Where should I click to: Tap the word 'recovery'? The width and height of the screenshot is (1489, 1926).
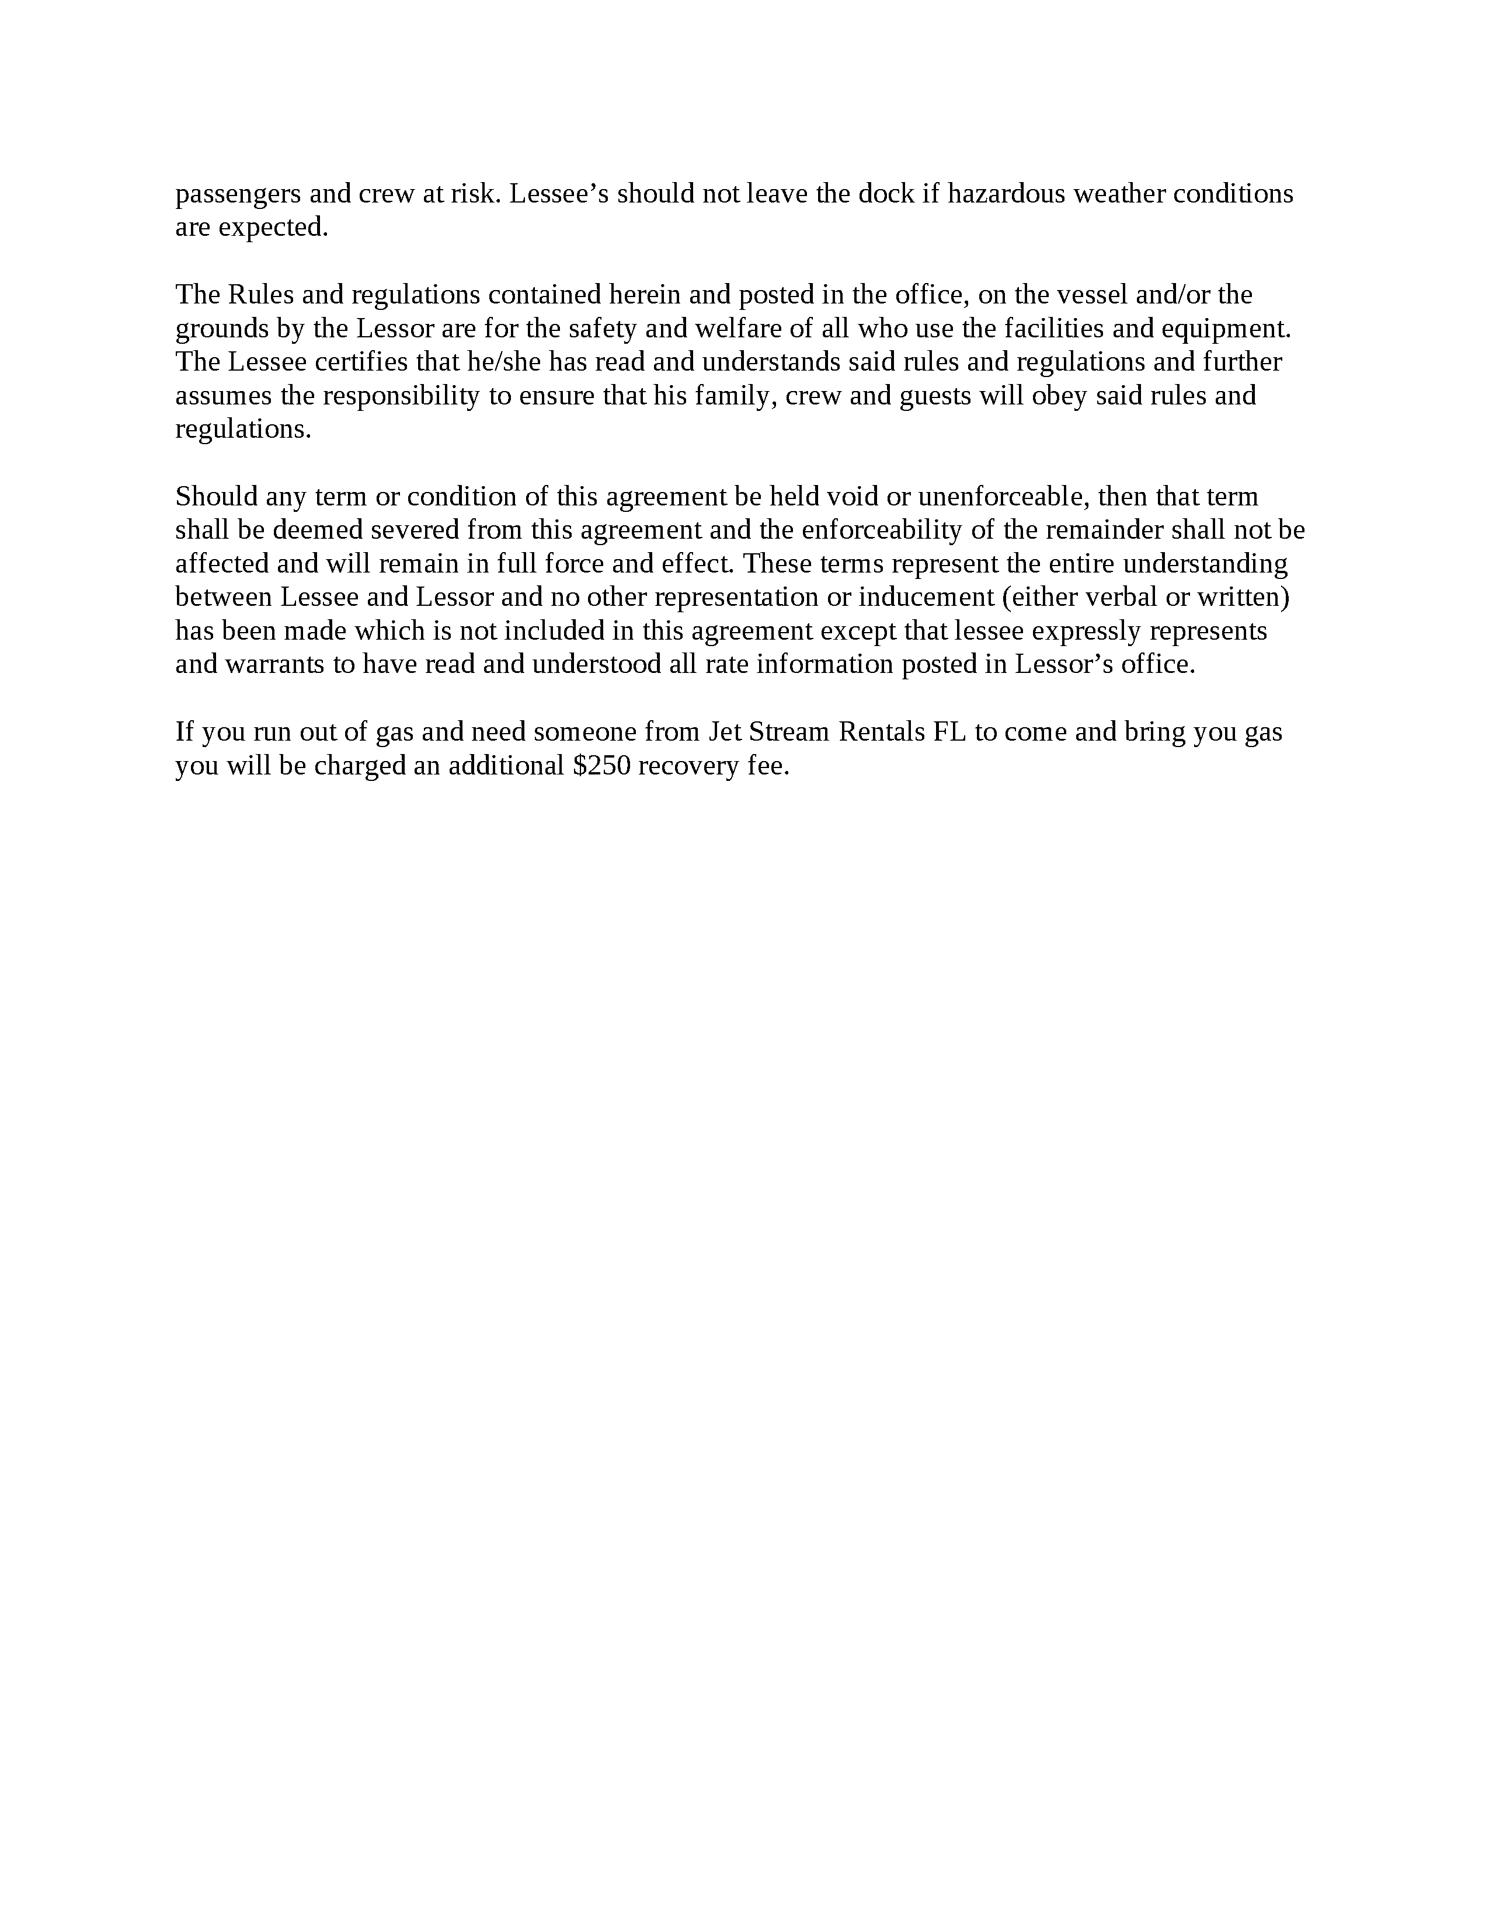(x=688, y=766)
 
